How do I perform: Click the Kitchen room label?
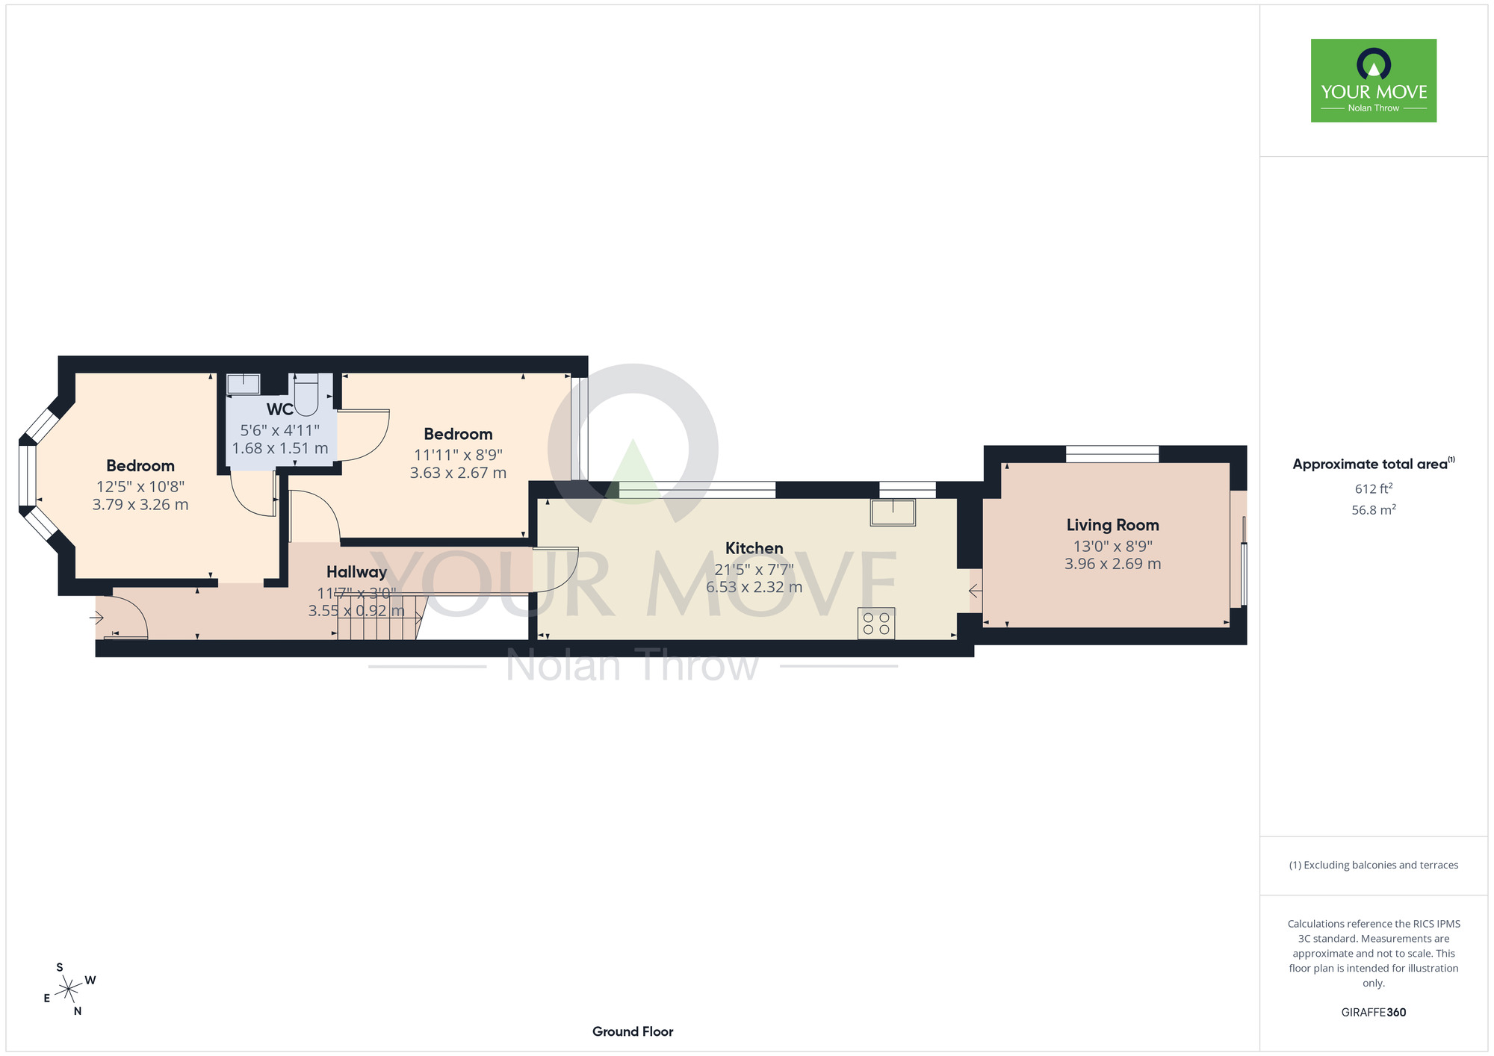754,548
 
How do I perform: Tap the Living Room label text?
1112,525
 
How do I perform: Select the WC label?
279,409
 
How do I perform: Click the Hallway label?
356,572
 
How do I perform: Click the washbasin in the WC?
244,384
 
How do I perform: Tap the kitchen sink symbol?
893,512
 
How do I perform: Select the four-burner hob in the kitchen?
876,624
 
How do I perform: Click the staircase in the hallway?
379,618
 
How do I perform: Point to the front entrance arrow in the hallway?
96,618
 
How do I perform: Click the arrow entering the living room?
975,591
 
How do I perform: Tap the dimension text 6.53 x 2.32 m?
754,588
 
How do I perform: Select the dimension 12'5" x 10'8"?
140,486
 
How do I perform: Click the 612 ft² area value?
1373,489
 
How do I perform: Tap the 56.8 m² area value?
1373,510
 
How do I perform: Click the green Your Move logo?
1373,81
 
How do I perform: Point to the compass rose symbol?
69,990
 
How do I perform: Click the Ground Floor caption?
633,1031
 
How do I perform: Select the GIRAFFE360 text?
1373,1013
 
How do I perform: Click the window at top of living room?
1112,453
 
